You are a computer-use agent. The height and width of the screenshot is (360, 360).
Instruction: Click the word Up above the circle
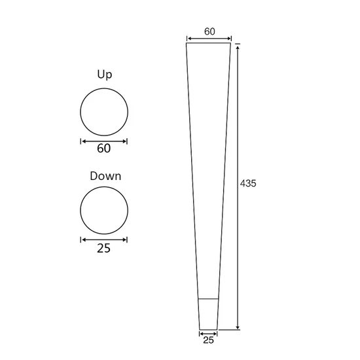105,75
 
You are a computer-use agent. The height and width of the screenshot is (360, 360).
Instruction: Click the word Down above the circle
105,176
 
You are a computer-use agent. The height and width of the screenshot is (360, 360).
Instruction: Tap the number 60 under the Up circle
104,149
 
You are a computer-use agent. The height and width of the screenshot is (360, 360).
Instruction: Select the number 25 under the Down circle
103,248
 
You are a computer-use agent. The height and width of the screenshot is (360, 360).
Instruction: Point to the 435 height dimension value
248,183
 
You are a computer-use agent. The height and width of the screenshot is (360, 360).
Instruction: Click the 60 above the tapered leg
209,31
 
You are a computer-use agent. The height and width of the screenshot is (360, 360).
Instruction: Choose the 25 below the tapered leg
208,340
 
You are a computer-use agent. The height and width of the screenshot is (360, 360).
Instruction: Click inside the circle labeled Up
104,112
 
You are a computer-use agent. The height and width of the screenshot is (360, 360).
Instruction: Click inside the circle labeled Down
104,210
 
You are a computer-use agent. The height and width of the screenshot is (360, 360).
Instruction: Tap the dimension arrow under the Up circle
104,141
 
